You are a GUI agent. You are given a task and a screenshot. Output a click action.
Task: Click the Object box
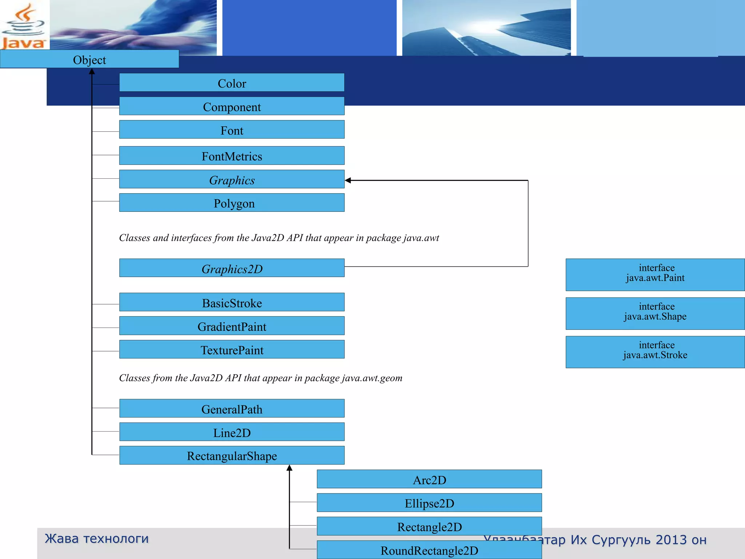[x=89, y=59]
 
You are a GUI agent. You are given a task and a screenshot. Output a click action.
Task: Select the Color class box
[x=232, y=83]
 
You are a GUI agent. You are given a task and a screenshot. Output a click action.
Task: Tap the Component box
[x=232, y=106]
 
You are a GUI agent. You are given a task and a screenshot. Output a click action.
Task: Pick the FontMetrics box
[x=232, y=156]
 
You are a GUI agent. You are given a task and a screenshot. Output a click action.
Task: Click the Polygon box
[x=232, y=203]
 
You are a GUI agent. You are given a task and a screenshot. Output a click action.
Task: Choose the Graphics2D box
[x=232, y=268]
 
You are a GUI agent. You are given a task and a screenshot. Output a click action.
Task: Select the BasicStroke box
[x=232, y=302]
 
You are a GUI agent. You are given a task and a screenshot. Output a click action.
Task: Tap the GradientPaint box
[x=232, y=326]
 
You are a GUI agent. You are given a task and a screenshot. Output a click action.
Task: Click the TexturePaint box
[x=232, y=349]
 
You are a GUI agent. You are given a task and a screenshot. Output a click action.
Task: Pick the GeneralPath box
[x=232, y=409]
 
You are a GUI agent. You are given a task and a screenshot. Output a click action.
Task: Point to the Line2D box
[x=232, y=432]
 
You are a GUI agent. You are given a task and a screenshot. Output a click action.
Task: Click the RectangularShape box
[x=232, y=456]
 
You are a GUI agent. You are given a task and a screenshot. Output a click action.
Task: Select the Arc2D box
[x=429, y=479]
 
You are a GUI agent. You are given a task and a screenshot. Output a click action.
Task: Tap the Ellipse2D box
[x=429, y=503]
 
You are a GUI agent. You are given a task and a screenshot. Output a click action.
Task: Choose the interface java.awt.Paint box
[x=655, y=275]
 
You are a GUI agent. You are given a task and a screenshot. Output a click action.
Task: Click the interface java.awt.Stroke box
[x=655, y=352]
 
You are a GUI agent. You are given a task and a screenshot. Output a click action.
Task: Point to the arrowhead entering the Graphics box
[x=348, y=181]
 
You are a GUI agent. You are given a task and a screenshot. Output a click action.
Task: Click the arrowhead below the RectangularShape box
[x=290, y=468]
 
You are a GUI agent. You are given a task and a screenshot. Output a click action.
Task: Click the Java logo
[x=24, y=27]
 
